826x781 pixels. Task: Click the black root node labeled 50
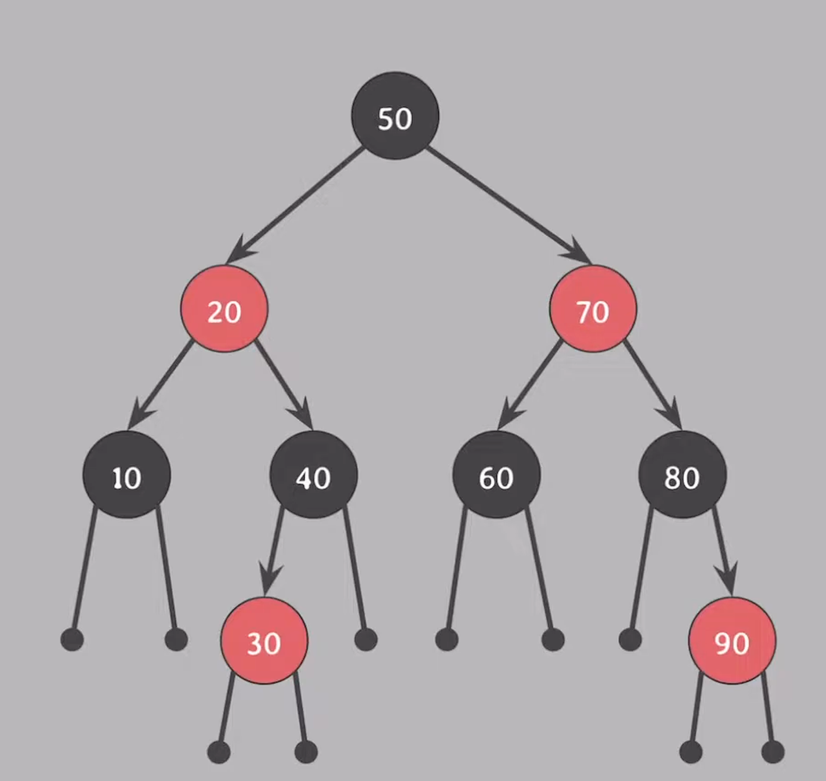tap(395, 116)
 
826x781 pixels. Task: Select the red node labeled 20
tap(224, 308)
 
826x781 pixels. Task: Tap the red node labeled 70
tap(593, 308)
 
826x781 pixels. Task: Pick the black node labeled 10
tap(127, 474)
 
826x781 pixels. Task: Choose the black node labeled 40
tap(313, 474)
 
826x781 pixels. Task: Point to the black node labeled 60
tap(496, 474)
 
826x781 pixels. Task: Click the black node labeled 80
tap(682, 474)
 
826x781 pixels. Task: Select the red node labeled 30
tap(264, 640)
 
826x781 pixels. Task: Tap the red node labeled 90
tap(732, 640)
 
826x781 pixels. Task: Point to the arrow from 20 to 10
tap(160, 383)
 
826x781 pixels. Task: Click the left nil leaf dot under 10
tap(72, 639)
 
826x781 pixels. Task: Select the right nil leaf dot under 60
tap(553, 639)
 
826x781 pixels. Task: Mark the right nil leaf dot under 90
tap(773, 751)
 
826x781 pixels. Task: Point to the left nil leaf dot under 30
tap(219, 751)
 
